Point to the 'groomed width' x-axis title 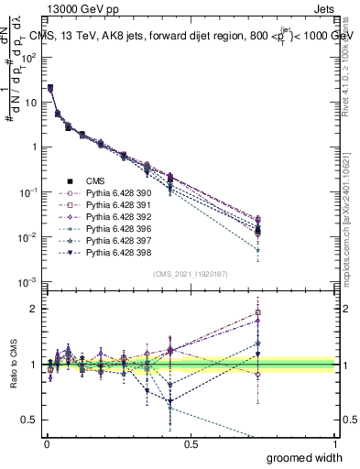[x=305, y=456]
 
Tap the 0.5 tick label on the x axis [x=191, y=442]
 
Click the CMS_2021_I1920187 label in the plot [x=190, y=273]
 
